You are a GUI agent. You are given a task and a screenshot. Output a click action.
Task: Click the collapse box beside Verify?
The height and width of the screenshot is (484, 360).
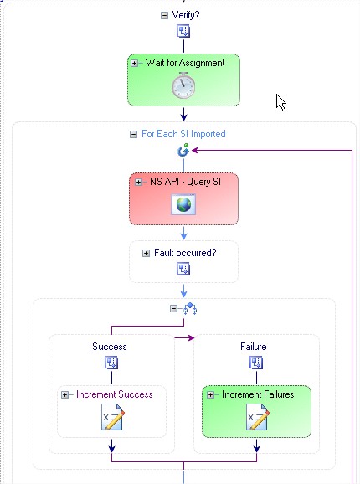click(164, 15)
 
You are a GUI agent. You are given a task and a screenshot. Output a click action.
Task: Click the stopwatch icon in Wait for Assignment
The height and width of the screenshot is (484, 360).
click(183, 85)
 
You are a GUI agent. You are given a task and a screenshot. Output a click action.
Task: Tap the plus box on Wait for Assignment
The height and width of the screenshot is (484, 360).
click(134, 64)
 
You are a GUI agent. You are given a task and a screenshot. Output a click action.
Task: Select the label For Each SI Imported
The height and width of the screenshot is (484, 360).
click(183, 134)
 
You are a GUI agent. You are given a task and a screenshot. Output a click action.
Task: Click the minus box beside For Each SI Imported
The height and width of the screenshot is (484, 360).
click(133, 134)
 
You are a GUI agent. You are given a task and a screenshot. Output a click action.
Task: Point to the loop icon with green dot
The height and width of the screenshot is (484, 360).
click(183, 150)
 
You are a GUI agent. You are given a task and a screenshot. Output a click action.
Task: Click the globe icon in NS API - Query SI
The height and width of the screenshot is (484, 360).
click(183, 204)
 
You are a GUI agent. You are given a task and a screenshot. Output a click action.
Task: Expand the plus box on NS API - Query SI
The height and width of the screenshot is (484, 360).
click(138, 182)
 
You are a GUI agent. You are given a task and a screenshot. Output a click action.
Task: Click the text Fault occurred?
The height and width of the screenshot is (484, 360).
click(185, 253)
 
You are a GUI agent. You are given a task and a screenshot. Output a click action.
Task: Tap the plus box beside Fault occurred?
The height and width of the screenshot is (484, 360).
click(146, 254)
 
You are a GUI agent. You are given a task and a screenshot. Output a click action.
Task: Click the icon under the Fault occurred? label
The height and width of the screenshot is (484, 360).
click(183, 269)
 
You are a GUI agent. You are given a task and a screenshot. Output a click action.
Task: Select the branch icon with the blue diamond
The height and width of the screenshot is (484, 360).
click(190, 309)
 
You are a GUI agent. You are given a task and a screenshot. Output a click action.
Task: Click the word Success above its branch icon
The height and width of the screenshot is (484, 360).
click(110, 347)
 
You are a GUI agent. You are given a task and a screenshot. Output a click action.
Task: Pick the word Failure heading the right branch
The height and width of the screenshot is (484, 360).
click(254, 347)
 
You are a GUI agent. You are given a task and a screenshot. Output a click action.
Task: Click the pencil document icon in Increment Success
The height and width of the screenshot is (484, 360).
click(112, 417)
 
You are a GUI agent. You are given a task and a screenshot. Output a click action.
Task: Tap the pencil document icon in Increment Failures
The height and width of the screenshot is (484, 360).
click(257, 417)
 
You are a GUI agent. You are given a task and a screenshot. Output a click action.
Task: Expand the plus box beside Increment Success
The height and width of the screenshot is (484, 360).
click(64, 394)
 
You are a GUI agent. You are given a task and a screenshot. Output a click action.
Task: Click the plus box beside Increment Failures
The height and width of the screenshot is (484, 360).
click(211, 394)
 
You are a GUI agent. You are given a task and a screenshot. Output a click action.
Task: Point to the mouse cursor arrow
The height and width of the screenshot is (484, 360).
click(280, 102)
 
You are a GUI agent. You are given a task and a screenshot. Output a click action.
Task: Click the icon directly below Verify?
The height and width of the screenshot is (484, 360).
click(183, 31)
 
